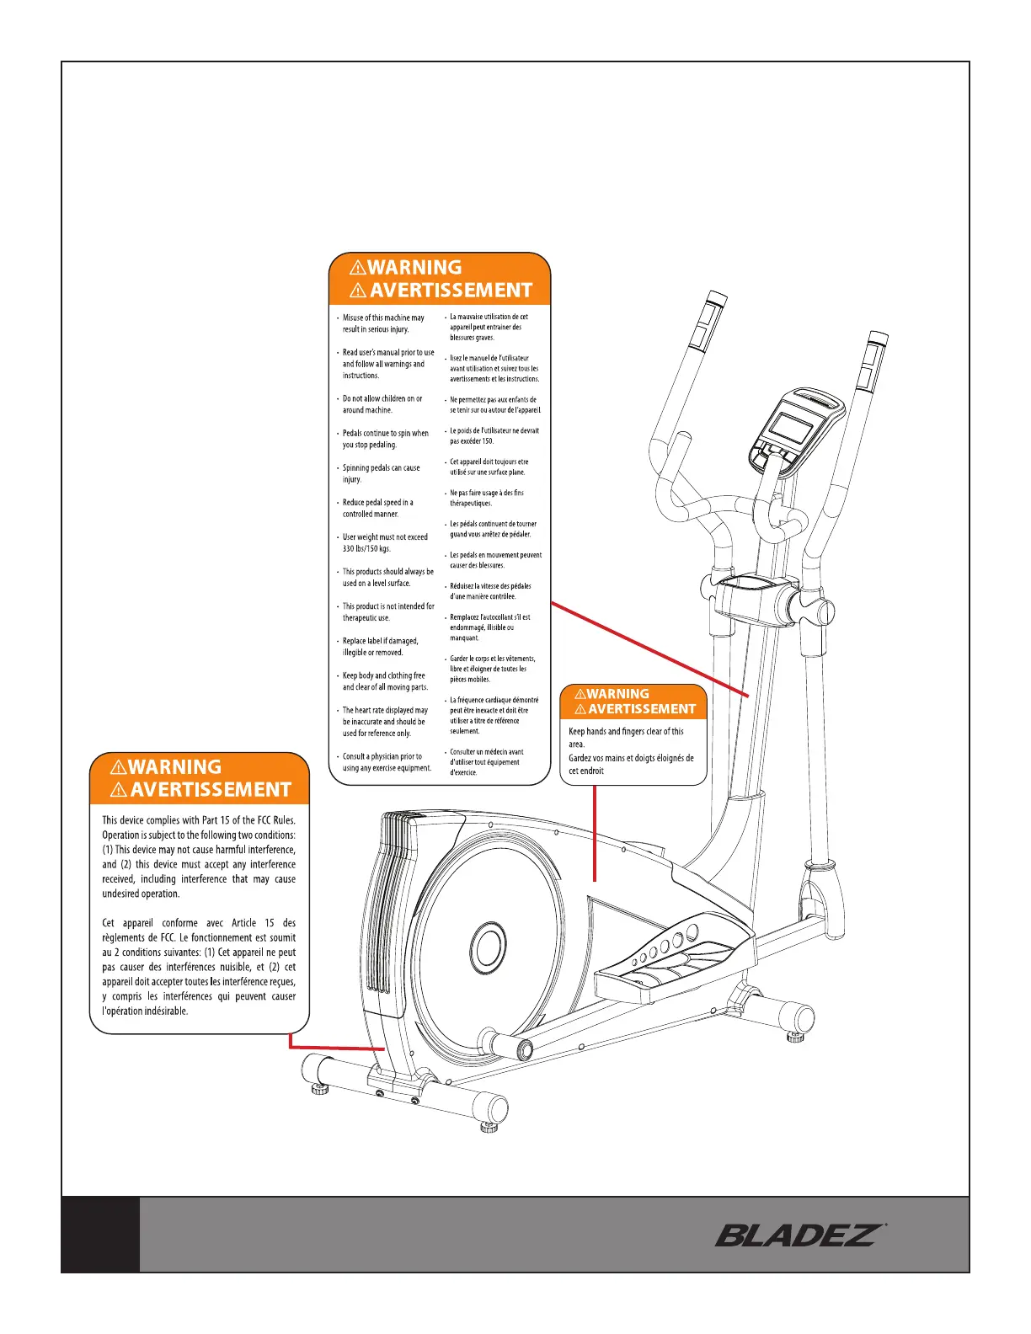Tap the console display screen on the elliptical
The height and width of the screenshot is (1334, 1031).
pyautogui.click(x=792, y=429)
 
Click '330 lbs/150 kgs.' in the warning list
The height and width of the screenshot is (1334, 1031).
pyautogui.click(x=366, y=549)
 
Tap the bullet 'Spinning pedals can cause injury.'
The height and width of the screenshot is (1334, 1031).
pyautogui.click(x=381, y=473)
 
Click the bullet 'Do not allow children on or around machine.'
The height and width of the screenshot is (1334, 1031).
pyautogui.click(x=382, y=404)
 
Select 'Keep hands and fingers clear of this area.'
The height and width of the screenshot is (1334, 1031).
pyautogui.click(x=625, y=738)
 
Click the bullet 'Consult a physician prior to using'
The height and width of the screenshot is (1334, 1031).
pyautogui.click(x=386, y=762)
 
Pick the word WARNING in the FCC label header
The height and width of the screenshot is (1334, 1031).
pyautogui.click(x=175, y=767)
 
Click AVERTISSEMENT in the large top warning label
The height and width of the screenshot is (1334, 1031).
pyautogui.click(x=451, y=291)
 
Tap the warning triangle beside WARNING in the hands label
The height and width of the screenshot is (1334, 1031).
pyautogui.click(x=580, y=695)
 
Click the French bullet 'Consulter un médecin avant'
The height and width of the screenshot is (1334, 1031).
pyautogui.click(x=486, y=762)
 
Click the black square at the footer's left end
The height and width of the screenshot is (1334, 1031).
pyautogui.click(x=100, y=1234)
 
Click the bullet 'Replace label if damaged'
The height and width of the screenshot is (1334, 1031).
pyautogui.click(x=380, y=647)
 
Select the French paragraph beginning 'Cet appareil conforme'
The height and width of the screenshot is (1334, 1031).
pyautogui.click(x=199, y=967)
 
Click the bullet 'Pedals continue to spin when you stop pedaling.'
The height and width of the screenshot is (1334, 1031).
pyautogui.click(x=385, y=439)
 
